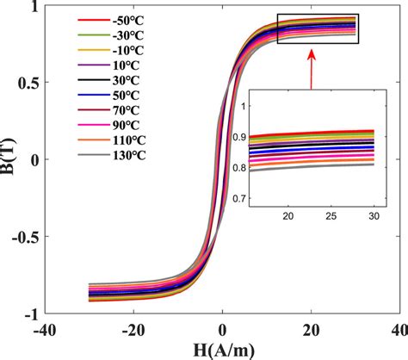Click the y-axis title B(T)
pyautogui.click(x=10, y=159)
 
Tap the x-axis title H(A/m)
pyautogui.click(x=222, y=350)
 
